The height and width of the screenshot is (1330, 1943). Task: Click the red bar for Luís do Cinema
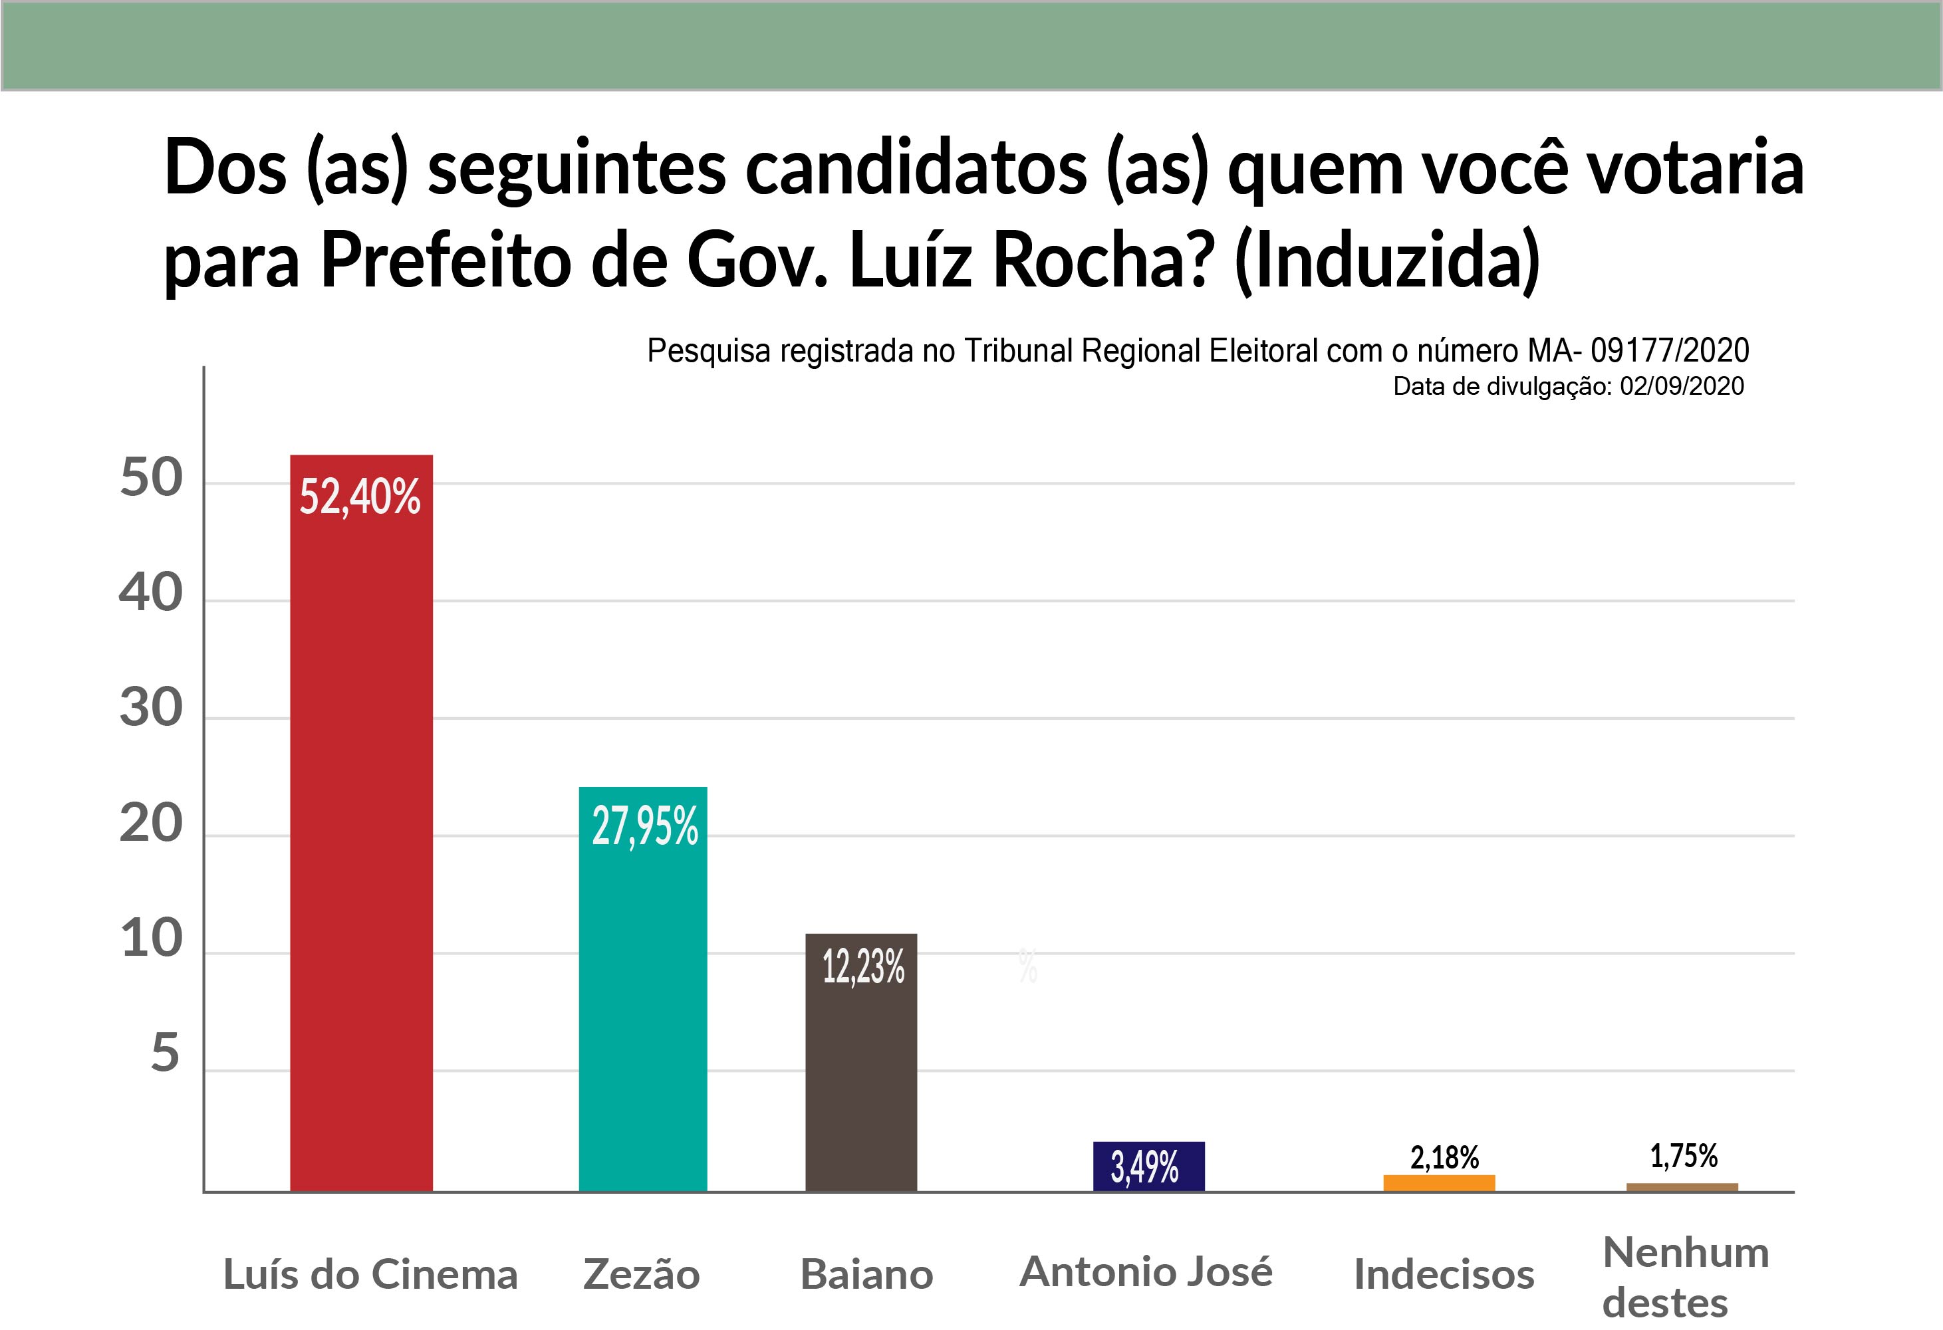pyautogui.click(x=361, y=824)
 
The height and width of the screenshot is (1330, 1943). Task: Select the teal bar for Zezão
pyautogui.click(x=643, y=989)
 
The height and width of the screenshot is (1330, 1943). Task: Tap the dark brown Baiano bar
pyautogui.click(x=861, y=1063)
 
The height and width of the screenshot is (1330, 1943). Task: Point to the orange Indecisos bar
pyautogui.click(x=1439, y=1184)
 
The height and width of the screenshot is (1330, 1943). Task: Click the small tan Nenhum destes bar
pyautogui.click(x=1682, y=1188)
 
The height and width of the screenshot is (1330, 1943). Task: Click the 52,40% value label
pyautogui.click(x=360, y=497)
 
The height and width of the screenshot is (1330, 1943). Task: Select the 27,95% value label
pyautogui.click(x=644, y=828)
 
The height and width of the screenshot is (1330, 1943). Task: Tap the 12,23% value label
pyautogui.click(x=864, y=967)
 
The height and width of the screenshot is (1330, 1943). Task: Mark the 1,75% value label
pyautogui.click(x=1684, y=1156)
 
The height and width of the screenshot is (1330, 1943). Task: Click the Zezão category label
pyautogui.click(x=641, y=1275)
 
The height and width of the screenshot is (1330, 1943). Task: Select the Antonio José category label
pyautogui.click(x=1146, y=1272)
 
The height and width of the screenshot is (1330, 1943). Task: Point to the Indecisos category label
pyautogui.click(x=1444, y=1275)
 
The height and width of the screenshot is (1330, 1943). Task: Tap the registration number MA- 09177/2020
pyautogui.click(x=1638, y=351)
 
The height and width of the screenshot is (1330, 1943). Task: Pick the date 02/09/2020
pyautogui.click(x=1682, y=386)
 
